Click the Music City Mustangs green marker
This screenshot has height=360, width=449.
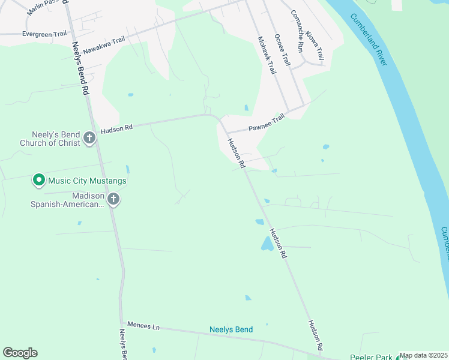pos(39,179)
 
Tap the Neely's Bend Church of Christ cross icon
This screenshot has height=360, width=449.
pos(89,139)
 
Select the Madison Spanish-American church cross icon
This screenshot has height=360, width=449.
pos(113,200)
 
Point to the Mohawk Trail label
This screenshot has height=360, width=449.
pos(266,55)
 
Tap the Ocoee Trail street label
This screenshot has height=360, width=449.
pos(282,50)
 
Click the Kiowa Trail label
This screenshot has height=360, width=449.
pos(314,46)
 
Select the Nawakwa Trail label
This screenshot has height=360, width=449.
pos(104,44)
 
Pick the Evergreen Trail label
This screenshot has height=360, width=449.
pos(44,34)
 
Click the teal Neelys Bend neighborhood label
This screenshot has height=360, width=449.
pos(231,329)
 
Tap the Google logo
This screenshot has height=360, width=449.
pos(20,353)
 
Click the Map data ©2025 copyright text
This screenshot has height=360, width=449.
pos(423,355)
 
